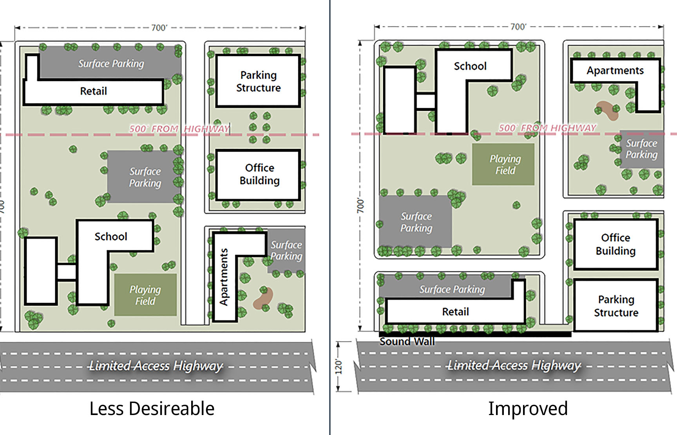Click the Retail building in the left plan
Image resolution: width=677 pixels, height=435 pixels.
(x=93, y=92)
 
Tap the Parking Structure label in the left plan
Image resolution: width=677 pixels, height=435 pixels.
(x=258, y=81)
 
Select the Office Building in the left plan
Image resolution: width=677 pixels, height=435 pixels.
(x=259, y=175)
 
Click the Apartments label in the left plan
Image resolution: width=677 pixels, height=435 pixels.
(x=224, y=277)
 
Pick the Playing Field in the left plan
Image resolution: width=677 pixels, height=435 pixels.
(x=145, y=295)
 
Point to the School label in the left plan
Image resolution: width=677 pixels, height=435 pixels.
(x=111, y=236)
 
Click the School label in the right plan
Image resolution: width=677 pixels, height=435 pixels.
(x=470, y=66)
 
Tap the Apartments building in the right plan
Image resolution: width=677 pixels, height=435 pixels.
(x=615, y=71)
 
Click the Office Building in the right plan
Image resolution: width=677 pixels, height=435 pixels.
(x=615, y=244)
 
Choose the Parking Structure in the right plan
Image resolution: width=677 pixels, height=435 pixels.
(x=615, y=306)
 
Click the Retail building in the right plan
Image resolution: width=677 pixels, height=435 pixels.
(x=455, y=312)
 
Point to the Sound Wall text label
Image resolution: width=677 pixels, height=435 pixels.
(x=407, y=342)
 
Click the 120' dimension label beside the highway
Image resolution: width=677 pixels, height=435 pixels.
(x=339, y=366)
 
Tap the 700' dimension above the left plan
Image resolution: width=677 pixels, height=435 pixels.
(x=159, y=28)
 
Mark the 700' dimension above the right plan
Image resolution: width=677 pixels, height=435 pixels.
(x=518, y=27)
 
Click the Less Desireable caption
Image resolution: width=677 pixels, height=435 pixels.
(x=152, y=409)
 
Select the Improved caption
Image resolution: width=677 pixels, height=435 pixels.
(x=528, y=409)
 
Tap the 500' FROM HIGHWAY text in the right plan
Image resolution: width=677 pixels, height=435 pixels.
(x=547, y=128)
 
